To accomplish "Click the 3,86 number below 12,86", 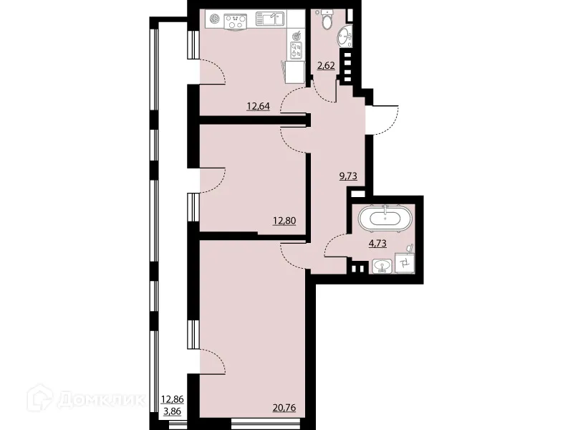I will tap(173, 413).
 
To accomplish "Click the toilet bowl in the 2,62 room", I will tap(327, 21).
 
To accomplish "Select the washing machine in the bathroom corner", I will tap(405, 265).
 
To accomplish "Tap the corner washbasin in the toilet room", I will tap(345, 34).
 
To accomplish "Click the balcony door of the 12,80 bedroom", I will tap(213, 179).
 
